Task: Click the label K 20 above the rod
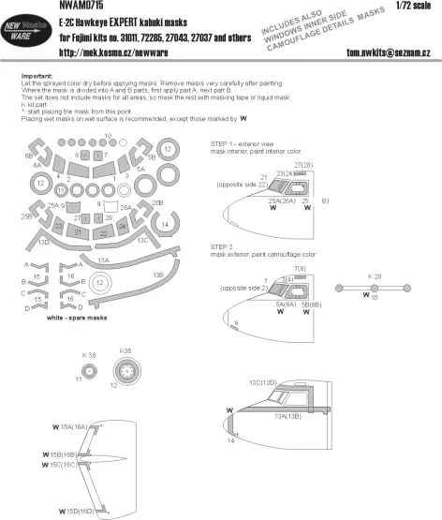tap(374, 277)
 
